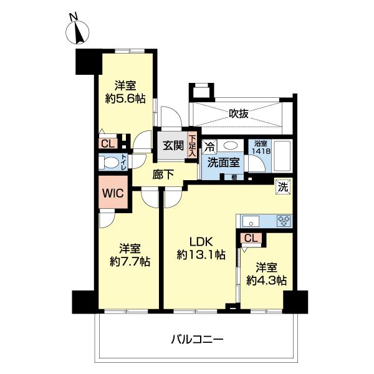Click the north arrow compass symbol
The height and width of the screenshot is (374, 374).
point(78,31)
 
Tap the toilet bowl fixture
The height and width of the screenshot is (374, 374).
point(111,163)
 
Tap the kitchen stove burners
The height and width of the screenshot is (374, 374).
point(284,221)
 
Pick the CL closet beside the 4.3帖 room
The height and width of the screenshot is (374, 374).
point(251,237)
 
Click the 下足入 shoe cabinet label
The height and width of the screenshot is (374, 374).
point(193,146)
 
